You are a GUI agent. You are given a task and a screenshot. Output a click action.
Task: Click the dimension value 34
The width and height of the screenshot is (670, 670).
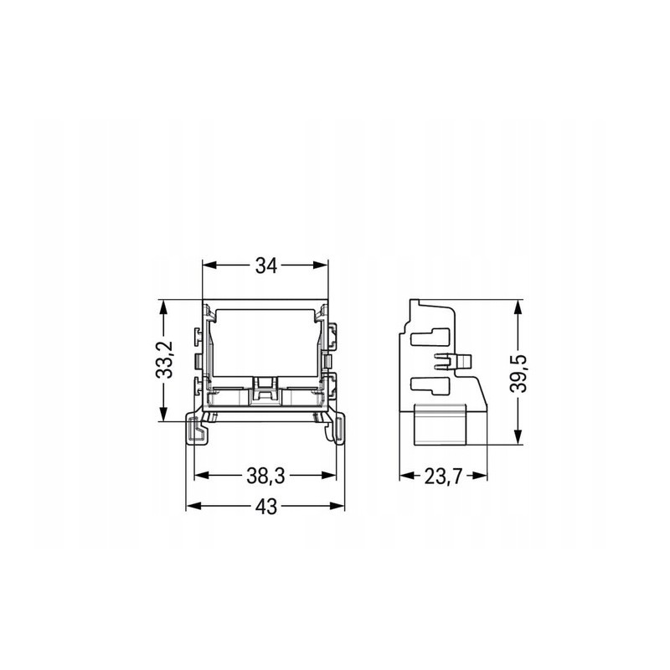[266, 265]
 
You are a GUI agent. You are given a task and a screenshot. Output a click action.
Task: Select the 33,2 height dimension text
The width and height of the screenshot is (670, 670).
[163, 359]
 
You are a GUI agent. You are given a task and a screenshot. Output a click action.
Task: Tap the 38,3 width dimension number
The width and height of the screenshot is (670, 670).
[265, 476]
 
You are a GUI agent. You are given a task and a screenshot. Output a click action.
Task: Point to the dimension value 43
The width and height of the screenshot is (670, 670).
[266, 507]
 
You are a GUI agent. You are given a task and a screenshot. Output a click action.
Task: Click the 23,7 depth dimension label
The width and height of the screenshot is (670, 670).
[443, 476]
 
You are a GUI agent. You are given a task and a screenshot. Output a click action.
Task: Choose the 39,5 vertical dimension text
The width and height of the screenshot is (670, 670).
[518, 373]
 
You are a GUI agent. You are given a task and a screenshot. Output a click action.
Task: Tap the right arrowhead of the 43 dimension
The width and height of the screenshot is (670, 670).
[337, 507]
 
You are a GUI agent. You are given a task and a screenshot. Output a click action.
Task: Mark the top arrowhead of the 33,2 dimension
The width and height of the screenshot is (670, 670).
[163, 307]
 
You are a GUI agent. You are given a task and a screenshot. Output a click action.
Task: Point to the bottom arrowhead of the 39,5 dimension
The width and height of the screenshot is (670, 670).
[518, 437]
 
